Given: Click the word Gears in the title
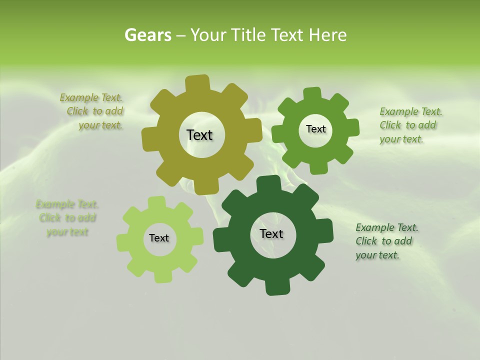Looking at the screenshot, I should tap(147, 35).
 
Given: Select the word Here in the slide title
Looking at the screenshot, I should tap(327, 35).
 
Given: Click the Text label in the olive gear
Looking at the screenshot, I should tap(199, 135).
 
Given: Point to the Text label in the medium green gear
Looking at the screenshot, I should tap(315, 129).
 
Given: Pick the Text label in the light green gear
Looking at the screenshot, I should tap(159, 238).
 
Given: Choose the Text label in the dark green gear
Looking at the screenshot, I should tap(271, 233).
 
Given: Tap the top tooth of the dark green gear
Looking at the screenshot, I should tap(270, 183).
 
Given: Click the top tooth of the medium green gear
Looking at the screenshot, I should tap(311, 94).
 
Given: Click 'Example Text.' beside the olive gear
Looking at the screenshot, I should tap(91, 98).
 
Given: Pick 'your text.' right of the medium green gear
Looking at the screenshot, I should tap(401, 139).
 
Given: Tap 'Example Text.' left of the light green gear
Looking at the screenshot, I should tap(67, 204).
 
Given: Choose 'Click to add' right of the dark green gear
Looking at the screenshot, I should tap(384, 241).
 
